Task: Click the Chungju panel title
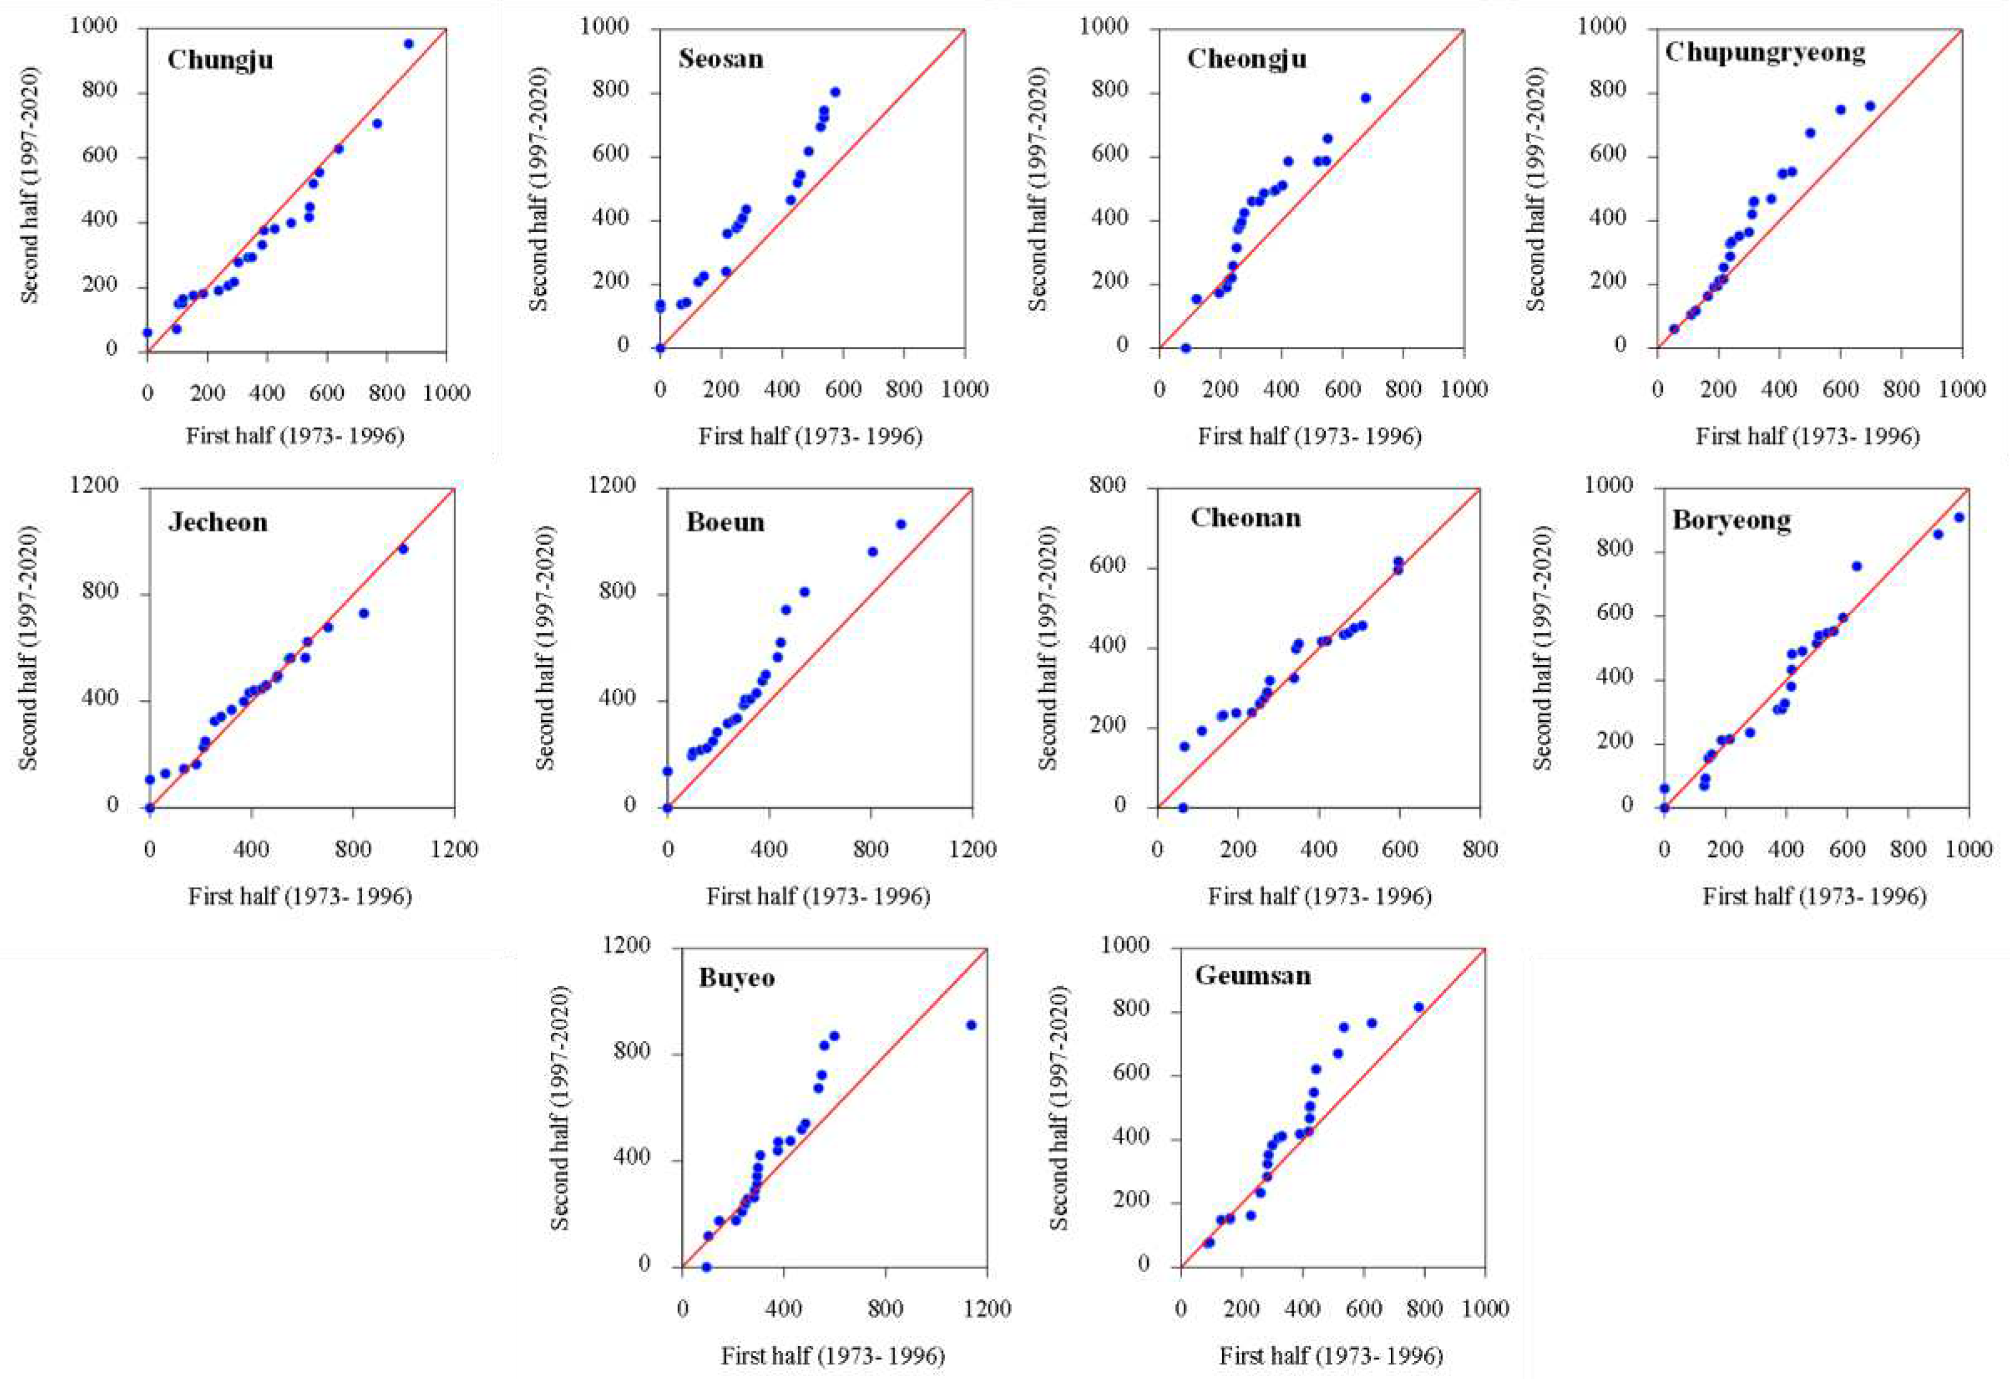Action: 220,60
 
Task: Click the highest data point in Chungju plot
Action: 408,43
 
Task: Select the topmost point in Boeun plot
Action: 900,524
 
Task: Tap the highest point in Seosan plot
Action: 834,92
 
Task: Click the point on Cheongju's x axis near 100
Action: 1186,348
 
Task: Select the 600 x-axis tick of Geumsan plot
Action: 1364,1309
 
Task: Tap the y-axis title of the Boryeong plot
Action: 1542,647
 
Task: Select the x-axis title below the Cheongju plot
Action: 1310,436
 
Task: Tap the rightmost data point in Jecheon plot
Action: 402,549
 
